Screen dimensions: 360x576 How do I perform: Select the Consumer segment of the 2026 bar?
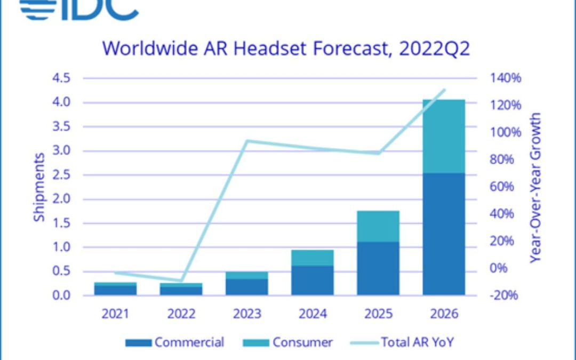pos(444,136)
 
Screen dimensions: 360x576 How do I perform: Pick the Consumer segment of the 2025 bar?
pos(378,226)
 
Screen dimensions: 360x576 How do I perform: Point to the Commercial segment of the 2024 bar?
pos(313,280)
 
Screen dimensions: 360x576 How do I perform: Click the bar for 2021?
pos(115,289)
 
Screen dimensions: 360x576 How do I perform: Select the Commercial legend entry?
pos(175,342)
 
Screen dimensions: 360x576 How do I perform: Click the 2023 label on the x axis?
pos(247,314)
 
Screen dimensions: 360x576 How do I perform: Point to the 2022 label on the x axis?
pos(181,314)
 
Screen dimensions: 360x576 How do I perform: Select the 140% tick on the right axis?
pos(505,78)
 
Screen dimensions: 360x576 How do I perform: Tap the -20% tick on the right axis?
pos(505,295)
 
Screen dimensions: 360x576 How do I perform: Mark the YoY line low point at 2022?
pos(181,281)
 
